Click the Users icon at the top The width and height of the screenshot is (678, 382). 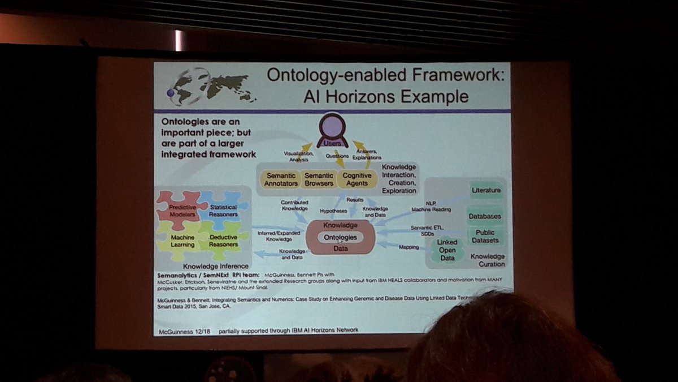pos(332,135)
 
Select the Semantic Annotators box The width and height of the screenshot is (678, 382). pos(281,179)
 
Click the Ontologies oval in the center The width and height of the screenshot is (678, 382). pos(340,237)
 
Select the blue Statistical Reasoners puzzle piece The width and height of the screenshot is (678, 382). pos(222,211)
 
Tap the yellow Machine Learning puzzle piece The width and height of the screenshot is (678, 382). pos(182,241)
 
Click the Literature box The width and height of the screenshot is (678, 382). pos(486,191)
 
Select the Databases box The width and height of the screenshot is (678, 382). pos(484,216)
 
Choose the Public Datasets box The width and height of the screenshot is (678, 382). pos(484,236)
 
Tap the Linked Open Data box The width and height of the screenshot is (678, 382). pos(447,250)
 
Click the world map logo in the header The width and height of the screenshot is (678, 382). pos(212,88)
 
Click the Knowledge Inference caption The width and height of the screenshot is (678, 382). pos(215,266)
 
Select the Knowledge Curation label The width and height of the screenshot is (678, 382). pos(488,260)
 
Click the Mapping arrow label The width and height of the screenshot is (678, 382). pos(408,247)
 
